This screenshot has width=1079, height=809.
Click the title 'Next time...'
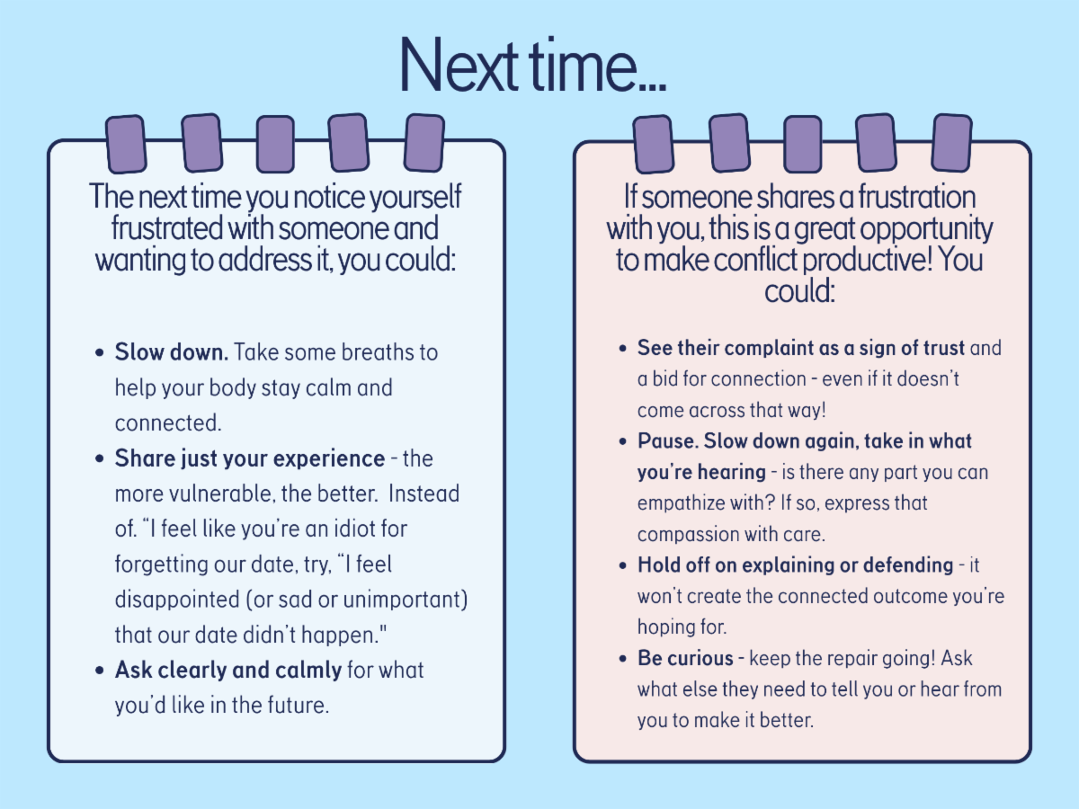(533, 65)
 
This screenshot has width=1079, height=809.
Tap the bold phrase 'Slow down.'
(172, 352)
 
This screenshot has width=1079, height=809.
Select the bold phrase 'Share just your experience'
(250, 458)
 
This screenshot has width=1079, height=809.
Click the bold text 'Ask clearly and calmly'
(228, 670)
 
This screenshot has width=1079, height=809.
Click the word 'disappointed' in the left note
(177, 600)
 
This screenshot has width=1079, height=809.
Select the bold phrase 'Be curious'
(685, 658)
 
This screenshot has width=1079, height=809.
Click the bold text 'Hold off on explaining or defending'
(796, 565)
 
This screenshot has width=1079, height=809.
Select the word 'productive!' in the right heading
(868, 261)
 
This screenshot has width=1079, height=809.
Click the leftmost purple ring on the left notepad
(126, 145)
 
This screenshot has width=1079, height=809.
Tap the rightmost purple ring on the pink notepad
(951, 143)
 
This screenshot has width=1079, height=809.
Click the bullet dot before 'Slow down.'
(100, 352)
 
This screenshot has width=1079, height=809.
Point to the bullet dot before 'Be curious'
(623, 659)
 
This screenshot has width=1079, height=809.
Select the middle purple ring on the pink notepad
(802, 145)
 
